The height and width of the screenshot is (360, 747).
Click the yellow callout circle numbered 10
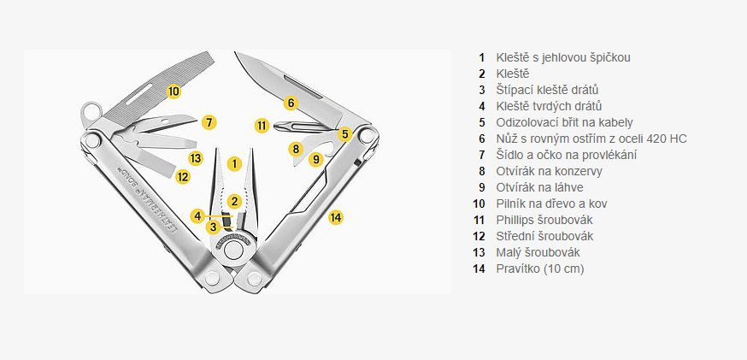tap(174, 91)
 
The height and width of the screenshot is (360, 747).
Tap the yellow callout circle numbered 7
tap(209, 122)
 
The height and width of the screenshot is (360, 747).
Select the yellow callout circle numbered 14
tap(336, 217)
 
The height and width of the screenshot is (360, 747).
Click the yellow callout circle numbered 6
tap(291, 103)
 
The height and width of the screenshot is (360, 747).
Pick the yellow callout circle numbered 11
tap(262, 126)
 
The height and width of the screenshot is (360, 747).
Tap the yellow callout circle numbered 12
tap(182, 176)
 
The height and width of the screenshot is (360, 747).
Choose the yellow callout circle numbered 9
tap(315, 158)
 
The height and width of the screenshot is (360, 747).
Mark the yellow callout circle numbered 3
tap(213, 227)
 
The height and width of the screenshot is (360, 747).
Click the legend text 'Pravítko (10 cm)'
tap(540, 269)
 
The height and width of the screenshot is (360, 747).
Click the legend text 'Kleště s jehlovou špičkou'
tap(563, 57)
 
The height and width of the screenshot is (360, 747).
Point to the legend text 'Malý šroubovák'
tap(535, 252)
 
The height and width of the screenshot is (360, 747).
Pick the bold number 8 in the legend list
tap(482, 171)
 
